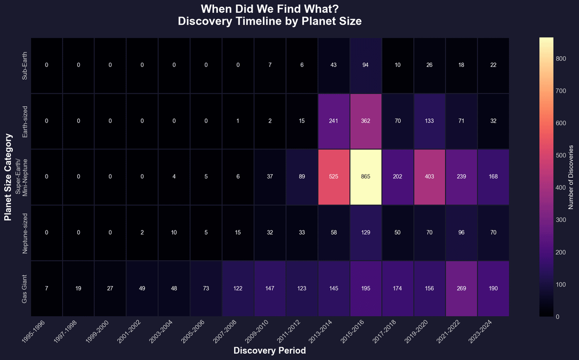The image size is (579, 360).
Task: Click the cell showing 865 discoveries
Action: click(366, 177)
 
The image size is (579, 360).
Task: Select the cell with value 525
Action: click(333, 177)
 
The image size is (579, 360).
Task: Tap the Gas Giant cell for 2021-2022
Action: click(461, 288)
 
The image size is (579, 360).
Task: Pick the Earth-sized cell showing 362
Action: click(366, 121)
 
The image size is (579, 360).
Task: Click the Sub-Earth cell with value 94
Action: click(366, 65)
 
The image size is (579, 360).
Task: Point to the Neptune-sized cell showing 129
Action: click(366, 232)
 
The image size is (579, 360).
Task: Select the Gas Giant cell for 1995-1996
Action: click(47, 288)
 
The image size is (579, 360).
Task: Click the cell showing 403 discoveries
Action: click(429, 177)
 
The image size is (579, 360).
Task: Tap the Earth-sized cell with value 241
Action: click(333, 121)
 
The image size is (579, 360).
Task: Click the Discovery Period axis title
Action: click(270, 350)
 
